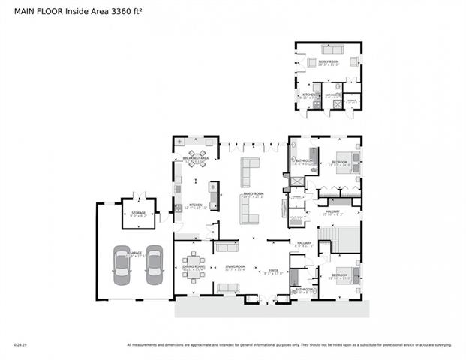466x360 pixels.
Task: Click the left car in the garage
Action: click(x=122, y=266)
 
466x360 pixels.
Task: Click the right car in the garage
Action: click(x=155, y=266)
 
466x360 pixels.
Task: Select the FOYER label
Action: click(x=275, y=271)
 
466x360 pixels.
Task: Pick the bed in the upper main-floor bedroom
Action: click(x=348, y=163)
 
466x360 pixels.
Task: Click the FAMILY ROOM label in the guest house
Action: click(x=329, y=61)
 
